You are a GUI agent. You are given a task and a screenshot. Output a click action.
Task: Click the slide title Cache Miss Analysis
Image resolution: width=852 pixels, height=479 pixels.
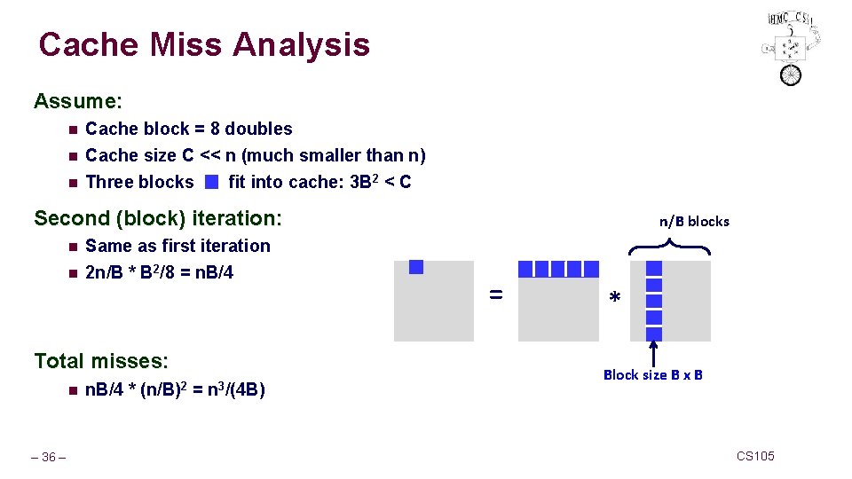204,44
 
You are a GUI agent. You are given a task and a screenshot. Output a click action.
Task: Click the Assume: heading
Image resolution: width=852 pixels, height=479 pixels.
78,101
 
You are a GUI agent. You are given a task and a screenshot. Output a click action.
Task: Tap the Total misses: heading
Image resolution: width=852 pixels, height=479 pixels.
101,361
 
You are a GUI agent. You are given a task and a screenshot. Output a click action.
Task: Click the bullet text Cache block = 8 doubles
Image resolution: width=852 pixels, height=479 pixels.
188,129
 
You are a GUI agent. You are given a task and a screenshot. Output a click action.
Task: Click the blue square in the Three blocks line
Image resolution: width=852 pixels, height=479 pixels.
210,183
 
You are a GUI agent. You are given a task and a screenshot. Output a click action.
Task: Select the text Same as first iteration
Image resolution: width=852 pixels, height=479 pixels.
177,246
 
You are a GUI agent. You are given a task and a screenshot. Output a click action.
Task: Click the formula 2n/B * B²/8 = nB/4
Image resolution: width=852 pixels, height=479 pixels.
159,272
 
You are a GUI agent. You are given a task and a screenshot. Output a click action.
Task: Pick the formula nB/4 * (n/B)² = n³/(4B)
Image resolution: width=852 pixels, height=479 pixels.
175,389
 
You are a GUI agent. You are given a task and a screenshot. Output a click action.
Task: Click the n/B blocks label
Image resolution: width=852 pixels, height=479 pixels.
694,222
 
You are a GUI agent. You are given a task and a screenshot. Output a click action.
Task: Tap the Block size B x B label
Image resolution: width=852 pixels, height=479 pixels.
653,375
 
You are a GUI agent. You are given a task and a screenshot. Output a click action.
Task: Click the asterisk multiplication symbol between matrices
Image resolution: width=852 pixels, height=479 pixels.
614,301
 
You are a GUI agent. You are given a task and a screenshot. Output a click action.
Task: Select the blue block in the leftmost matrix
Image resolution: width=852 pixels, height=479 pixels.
416,267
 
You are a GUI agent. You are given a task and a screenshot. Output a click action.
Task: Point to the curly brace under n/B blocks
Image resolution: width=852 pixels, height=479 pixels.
670,247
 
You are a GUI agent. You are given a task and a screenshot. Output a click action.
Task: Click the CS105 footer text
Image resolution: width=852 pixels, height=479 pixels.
755,456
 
